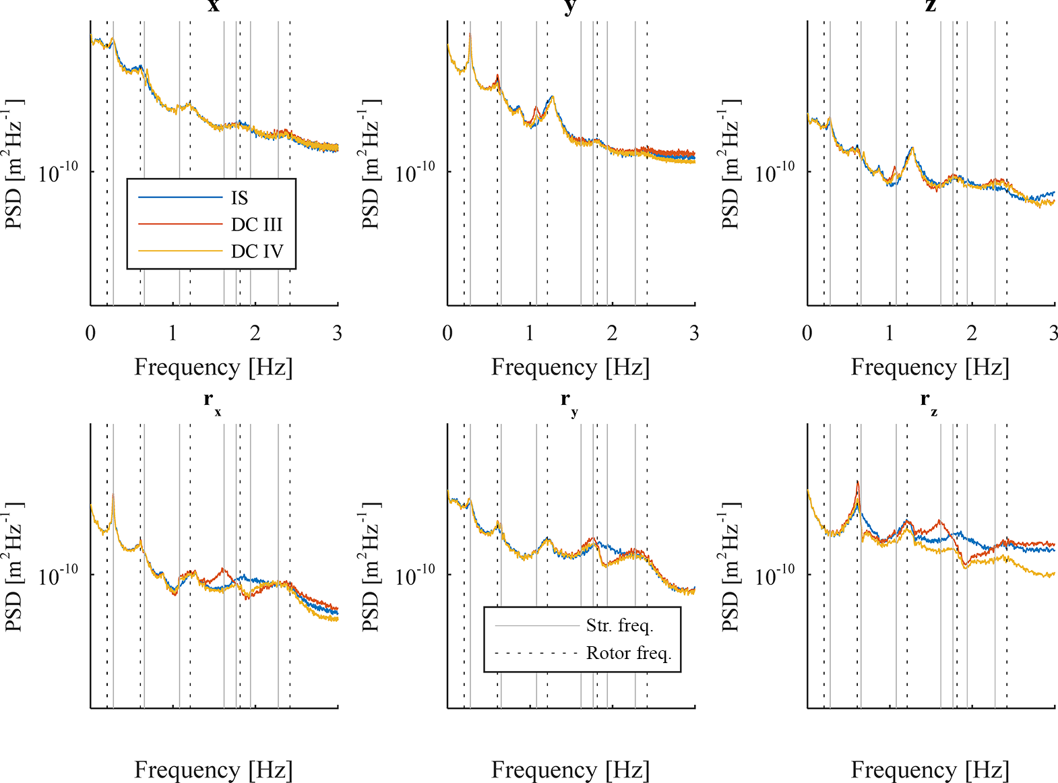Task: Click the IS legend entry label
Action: pos(239,198)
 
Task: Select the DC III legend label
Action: pos(257,224)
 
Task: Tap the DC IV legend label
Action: pos(257,251)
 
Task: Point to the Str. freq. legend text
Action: pos(619,626)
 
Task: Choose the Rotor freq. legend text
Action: pos(629,653)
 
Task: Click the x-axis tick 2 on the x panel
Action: pos(255,333)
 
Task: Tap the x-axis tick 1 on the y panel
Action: pos(530,333)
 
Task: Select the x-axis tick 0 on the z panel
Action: pos(807,333)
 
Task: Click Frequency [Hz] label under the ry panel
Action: pos(570,770)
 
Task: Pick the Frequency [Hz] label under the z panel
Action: pos(930,367)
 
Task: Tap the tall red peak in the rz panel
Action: pos(857,482)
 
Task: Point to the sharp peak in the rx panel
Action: pos(113,496)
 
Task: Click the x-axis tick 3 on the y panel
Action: pos(694,333)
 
